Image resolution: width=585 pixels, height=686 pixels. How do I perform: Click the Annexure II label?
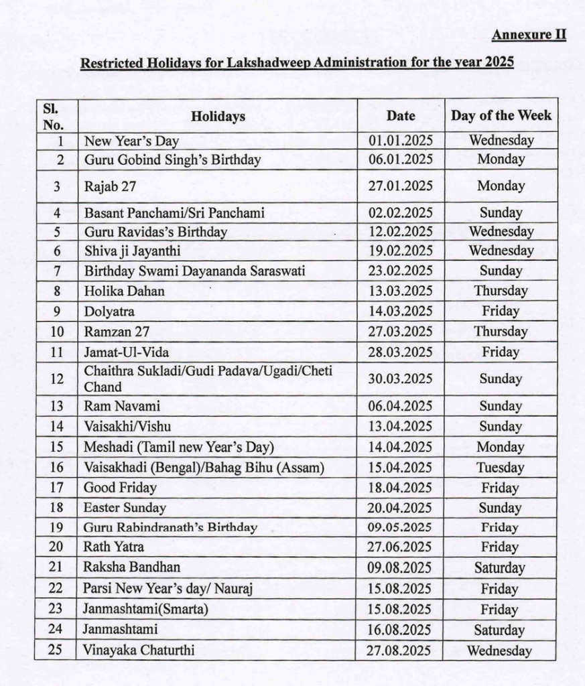tap(529, 35)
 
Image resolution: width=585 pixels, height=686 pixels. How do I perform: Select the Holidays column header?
tap(218, 116)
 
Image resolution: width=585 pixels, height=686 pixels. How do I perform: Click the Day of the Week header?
tap(501, 115)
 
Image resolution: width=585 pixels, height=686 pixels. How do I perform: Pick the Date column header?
tap(401, 116)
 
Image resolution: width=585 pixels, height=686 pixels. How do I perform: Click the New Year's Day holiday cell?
tap(131, 141)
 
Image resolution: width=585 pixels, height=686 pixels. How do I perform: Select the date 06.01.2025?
tap(401, 160)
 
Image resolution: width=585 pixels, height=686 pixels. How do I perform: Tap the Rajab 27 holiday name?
tap(110, 187)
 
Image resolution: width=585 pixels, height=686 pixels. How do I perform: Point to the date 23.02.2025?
tap(401, 271)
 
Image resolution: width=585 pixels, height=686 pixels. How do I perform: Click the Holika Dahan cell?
tap(124, 291)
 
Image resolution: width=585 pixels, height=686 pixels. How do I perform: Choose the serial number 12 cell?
tap(56, 379)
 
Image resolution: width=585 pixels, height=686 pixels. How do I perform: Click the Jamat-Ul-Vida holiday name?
tap(127, 352)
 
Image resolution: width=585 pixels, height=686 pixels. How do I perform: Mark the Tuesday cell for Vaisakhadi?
tap(501, 468)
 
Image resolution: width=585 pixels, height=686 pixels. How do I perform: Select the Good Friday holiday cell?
tap(120, 488)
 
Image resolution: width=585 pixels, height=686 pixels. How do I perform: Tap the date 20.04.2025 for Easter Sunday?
tap(401, 508)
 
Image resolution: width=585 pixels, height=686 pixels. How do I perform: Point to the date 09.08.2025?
tap(401, 567)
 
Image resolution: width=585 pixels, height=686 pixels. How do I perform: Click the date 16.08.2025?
tap(401, 630)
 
